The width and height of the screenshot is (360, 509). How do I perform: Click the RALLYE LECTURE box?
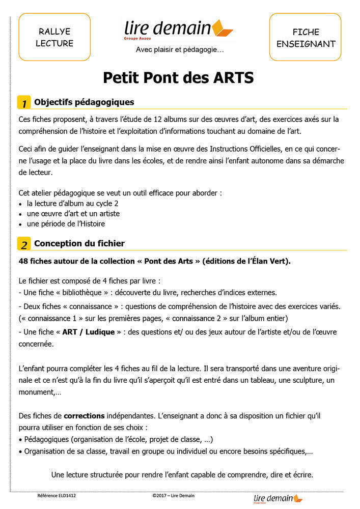click(54, 37)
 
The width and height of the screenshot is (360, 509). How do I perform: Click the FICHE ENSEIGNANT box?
click(306, 37)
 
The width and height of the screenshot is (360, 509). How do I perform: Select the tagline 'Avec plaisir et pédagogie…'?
click(180, 49)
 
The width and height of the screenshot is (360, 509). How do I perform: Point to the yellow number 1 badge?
click(24, 102)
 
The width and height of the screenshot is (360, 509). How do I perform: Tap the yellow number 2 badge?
click(24, 244)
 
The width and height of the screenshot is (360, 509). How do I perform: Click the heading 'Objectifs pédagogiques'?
click(84, 102)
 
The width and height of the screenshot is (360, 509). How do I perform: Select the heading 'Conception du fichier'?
click(79, 243)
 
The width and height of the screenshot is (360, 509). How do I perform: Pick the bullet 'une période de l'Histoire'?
click(66, 223)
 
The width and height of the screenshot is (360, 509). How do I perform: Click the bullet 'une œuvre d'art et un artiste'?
click(73, 214)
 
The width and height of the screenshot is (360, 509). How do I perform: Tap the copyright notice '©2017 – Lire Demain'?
click(173, 495)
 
